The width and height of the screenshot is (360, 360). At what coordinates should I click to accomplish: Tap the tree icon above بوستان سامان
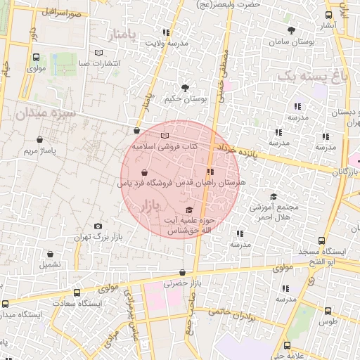click(291, 30)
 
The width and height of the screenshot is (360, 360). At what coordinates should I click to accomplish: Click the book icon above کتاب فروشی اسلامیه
click(165, 136)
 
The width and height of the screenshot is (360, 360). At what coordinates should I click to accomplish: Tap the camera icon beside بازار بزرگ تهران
click(98, 226)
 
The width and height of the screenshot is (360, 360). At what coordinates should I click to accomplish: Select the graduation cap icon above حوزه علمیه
click(188, 210)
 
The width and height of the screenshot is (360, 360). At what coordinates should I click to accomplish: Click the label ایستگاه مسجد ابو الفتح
click(329, 257)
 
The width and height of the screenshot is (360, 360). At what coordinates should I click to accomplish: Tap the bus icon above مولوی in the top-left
click(36, 57)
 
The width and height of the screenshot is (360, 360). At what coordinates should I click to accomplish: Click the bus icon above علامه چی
click(286, 345)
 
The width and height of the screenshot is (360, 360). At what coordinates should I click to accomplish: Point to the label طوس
click(328, 321)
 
